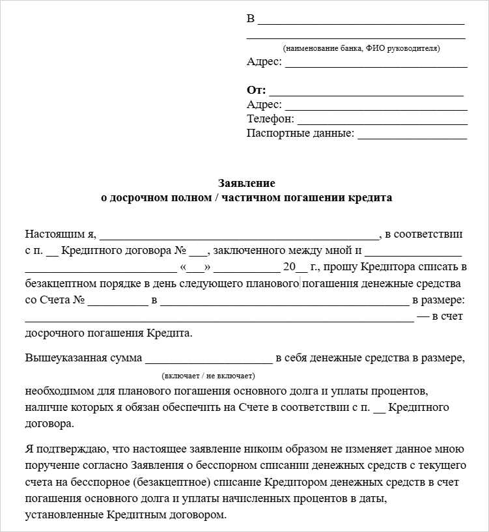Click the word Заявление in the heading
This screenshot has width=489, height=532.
click(246, 184)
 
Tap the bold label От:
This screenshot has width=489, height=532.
click(256, 91)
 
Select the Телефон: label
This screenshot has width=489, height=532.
click(270, 119)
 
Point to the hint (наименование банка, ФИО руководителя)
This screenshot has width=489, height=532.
click(361, 48)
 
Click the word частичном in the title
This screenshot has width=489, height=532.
click(251, 197)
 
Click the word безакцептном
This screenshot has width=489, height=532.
click(59, 284)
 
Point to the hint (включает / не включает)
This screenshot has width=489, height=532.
click(208, 376)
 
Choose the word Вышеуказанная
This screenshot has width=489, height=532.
click(60, 357)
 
